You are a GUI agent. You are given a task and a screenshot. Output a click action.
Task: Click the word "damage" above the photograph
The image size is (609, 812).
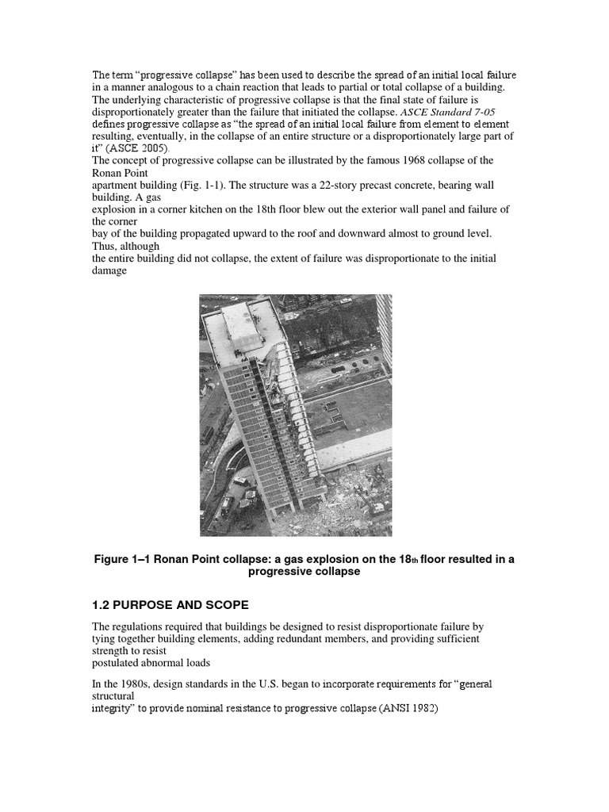[112, 271]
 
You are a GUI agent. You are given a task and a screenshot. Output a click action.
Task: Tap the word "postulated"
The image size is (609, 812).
[121, 663]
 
